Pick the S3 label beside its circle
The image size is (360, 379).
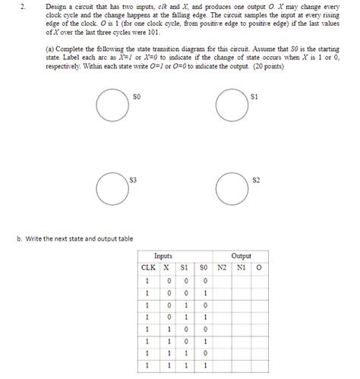pos(133,179)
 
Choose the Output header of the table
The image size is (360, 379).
pos(241,257)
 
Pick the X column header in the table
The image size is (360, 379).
pos(166,267)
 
